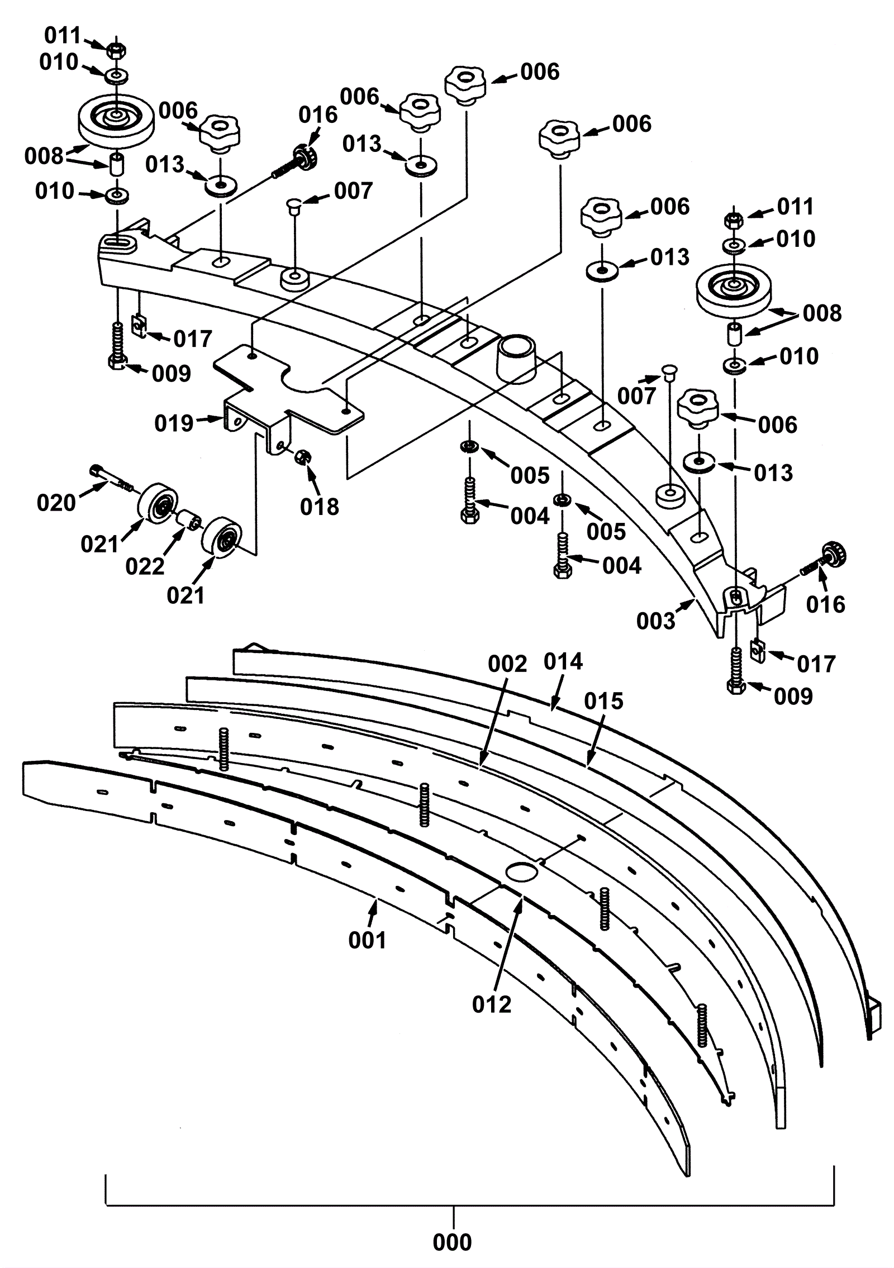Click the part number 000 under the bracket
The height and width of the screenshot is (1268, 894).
452,1242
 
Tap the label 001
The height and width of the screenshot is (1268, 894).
367,940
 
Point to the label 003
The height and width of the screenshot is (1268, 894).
656,621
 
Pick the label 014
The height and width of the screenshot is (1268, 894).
563,661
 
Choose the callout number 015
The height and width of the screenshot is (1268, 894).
603,700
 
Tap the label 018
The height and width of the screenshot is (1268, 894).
320,507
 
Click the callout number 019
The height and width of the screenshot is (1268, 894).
174,423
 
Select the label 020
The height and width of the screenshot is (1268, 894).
56,503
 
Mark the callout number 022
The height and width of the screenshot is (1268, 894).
145,566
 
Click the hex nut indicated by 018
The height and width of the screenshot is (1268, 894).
303,456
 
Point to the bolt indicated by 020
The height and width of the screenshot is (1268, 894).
111,478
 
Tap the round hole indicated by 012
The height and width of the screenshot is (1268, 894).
521,871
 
